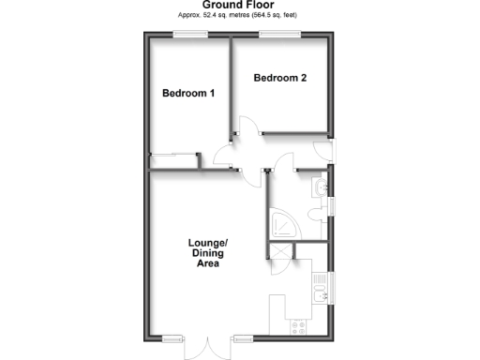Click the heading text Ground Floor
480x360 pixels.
(x=240, y=6)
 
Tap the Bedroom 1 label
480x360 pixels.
(x=189, y=93)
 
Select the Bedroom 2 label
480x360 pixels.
(x=280, y=78)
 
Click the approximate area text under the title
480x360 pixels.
(x=240, y=16)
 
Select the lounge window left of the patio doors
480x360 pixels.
(x=172, y=337)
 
